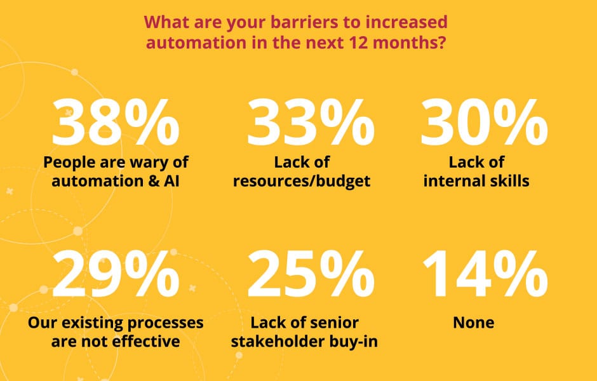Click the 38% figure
tap(116, 122)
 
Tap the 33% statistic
tap(311, 122)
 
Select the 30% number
tap(485, 122)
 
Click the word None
tap(474, 323)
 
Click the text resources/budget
tap(302, 181)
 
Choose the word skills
tap(509, 180)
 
